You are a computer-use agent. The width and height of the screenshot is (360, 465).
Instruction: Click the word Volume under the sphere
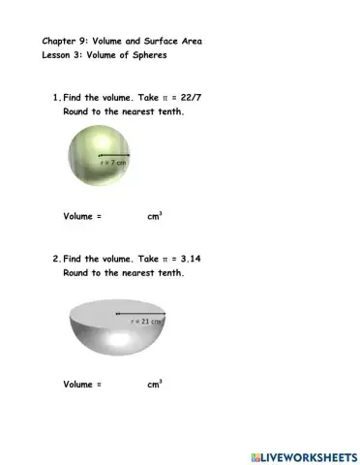point(78,218)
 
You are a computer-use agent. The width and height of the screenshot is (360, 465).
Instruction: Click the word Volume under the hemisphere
point(78,385)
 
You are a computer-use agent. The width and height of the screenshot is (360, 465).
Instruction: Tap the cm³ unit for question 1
point(154,217)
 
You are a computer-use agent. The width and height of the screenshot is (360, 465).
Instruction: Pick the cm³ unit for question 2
point(154,384)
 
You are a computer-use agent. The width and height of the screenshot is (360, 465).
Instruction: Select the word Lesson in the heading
point(57,55)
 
